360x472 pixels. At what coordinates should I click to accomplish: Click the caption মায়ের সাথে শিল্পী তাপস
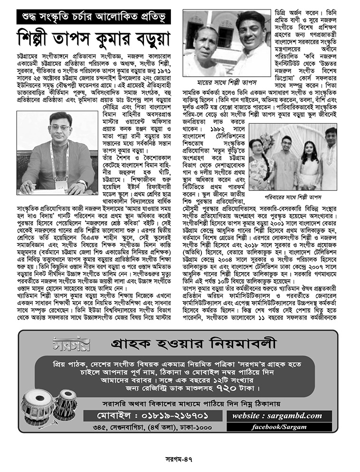(x=226, y=82)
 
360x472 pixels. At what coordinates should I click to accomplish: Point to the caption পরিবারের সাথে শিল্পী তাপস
(x=293, y=197)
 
